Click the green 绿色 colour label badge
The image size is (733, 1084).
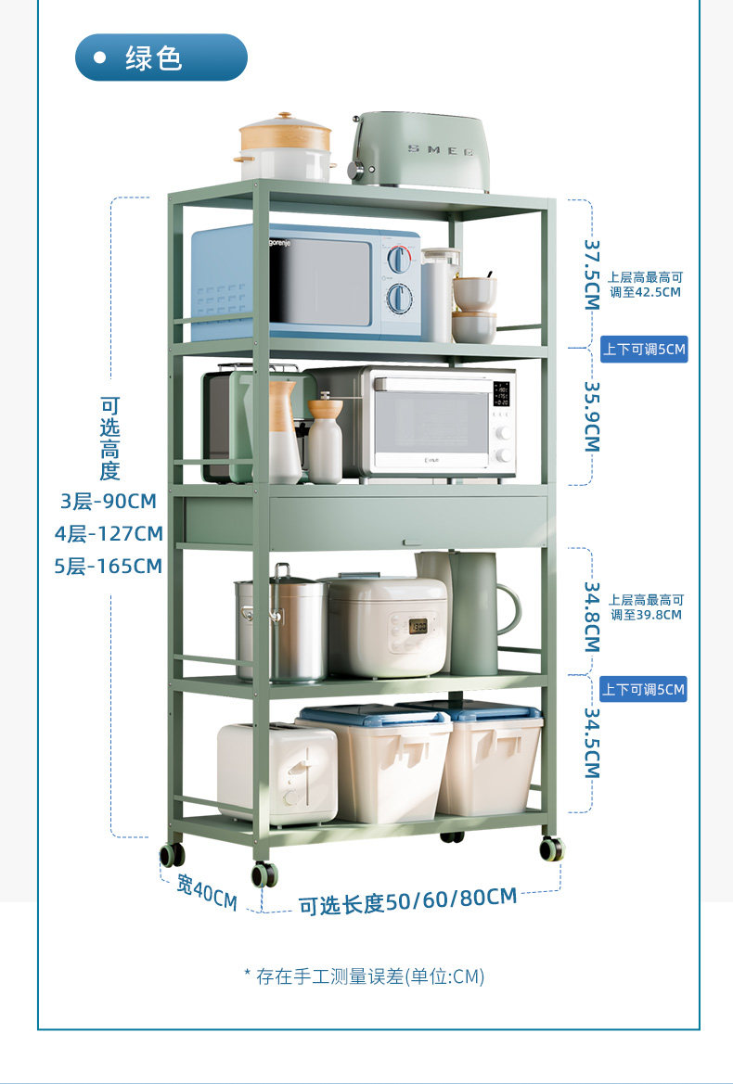(161, 57)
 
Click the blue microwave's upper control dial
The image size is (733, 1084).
(399, 259)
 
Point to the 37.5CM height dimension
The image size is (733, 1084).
(591, 275)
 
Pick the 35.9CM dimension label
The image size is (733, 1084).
(591, 417)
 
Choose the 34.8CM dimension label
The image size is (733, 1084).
(591, 617)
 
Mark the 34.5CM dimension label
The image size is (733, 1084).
(591, 743)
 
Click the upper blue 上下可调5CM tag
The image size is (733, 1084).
(644, 350)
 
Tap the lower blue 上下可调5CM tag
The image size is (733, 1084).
(643, 689)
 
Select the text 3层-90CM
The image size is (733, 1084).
(109, 502)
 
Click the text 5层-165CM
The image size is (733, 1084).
(109, 566)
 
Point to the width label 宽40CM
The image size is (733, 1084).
(207, 891)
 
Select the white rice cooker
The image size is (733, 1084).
(386, 626)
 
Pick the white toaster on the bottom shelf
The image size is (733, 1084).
(276, 773)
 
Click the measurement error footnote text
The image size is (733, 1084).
(365, 976)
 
